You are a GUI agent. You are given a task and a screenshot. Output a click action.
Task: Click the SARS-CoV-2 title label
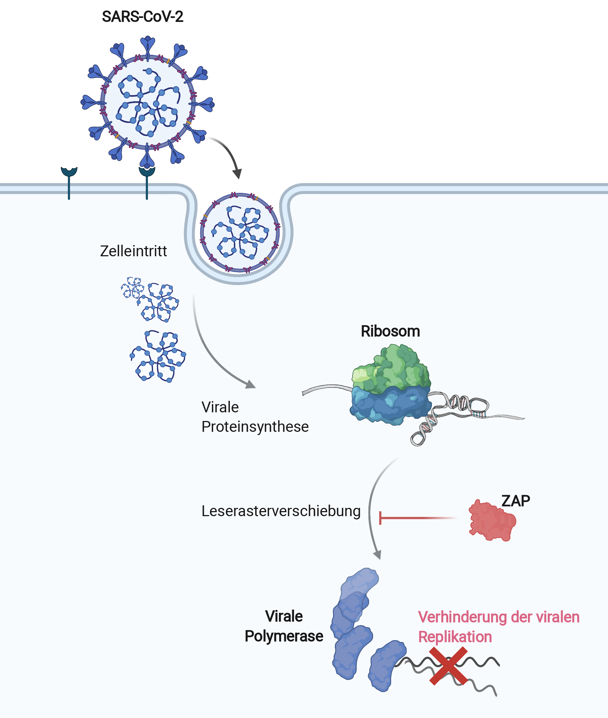coord(143,17)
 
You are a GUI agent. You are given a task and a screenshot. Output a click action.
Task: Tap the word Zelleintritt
coord(134,251)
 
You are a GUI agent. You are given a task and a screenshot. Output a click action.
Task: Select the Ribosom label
coord(390,331)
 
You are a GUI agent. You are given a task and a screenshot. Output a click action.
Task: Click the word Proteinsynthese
coord(255,427)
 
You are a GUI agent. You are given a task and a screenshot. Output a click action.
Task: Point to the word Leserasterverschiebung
coord(281,511)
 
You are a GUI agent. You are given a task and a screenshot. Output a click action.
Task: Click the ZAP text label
coord(516,501)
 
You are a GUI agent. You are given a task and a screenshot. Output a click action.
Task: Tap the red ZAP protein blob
coord(492,520)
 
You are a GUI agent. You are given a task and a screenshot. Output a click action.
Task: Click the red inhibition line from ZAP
coord(419,518)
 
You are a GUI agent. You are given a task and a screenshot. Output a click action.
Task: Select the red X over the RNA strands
coord(448,666)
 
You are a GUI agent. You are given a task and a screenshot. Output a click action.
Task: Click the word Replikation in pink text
coord(455,637)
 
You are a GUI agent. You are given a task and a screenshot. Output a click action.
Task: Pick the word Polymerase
coord(284,637)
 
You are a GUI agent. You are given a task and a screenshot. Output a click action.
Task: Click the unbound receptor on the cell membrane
coord(69,182)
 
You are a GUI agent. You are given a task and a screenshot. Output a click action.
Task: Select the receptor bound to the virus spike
coord(147,182)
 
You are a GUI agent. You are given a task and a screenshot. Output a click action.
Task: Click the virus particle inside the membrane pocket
coord(240,232)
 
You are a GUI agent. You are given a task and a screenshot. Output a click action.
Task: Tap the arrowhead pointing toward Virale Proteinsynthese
coord(250,385)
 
